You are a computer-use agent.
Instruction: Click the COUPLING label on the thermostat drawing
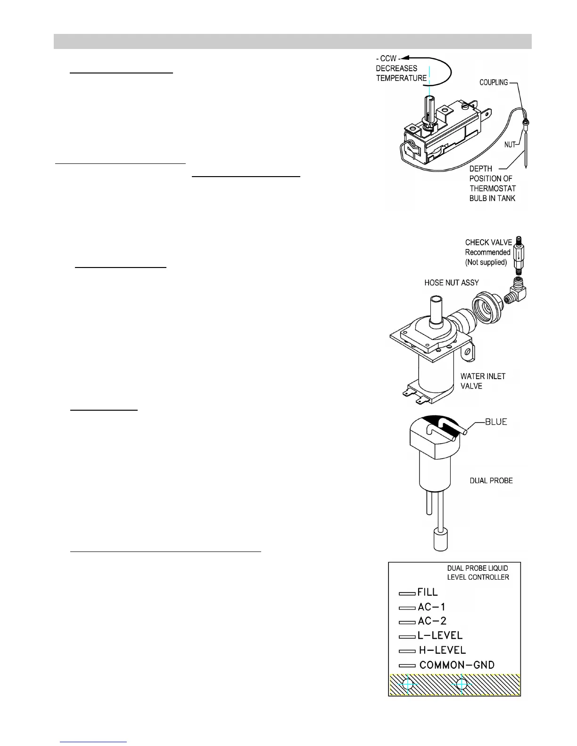[x=494, y=82]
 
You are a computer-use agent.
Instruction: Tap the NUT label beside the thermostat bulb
[x=510, y=145]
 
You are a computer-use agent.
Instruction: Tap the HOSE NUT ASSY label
[x=451, y=283]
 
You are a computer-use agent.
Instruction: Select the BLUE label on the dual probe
[x=496, y=422]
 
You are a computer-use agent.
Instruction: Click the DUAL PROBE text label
[x=491, y=481]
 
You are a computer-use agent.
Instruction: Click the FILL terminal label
[x=428, y=592]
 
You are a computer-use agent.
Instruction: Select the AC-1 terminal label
[x=431, y=607]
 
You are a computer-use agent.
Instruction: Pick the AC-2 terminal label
[x=432, y=621]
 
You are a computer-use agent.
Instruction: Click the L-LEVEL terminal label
[x=440, y=636]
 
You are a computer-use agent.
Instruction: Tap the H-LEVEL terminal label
[x=442, y=650]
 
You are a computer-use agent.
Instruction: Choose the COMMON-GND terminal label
[x=457, y=665]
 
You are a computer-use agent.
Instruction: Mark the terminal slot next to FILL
[x=407, y=593]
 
